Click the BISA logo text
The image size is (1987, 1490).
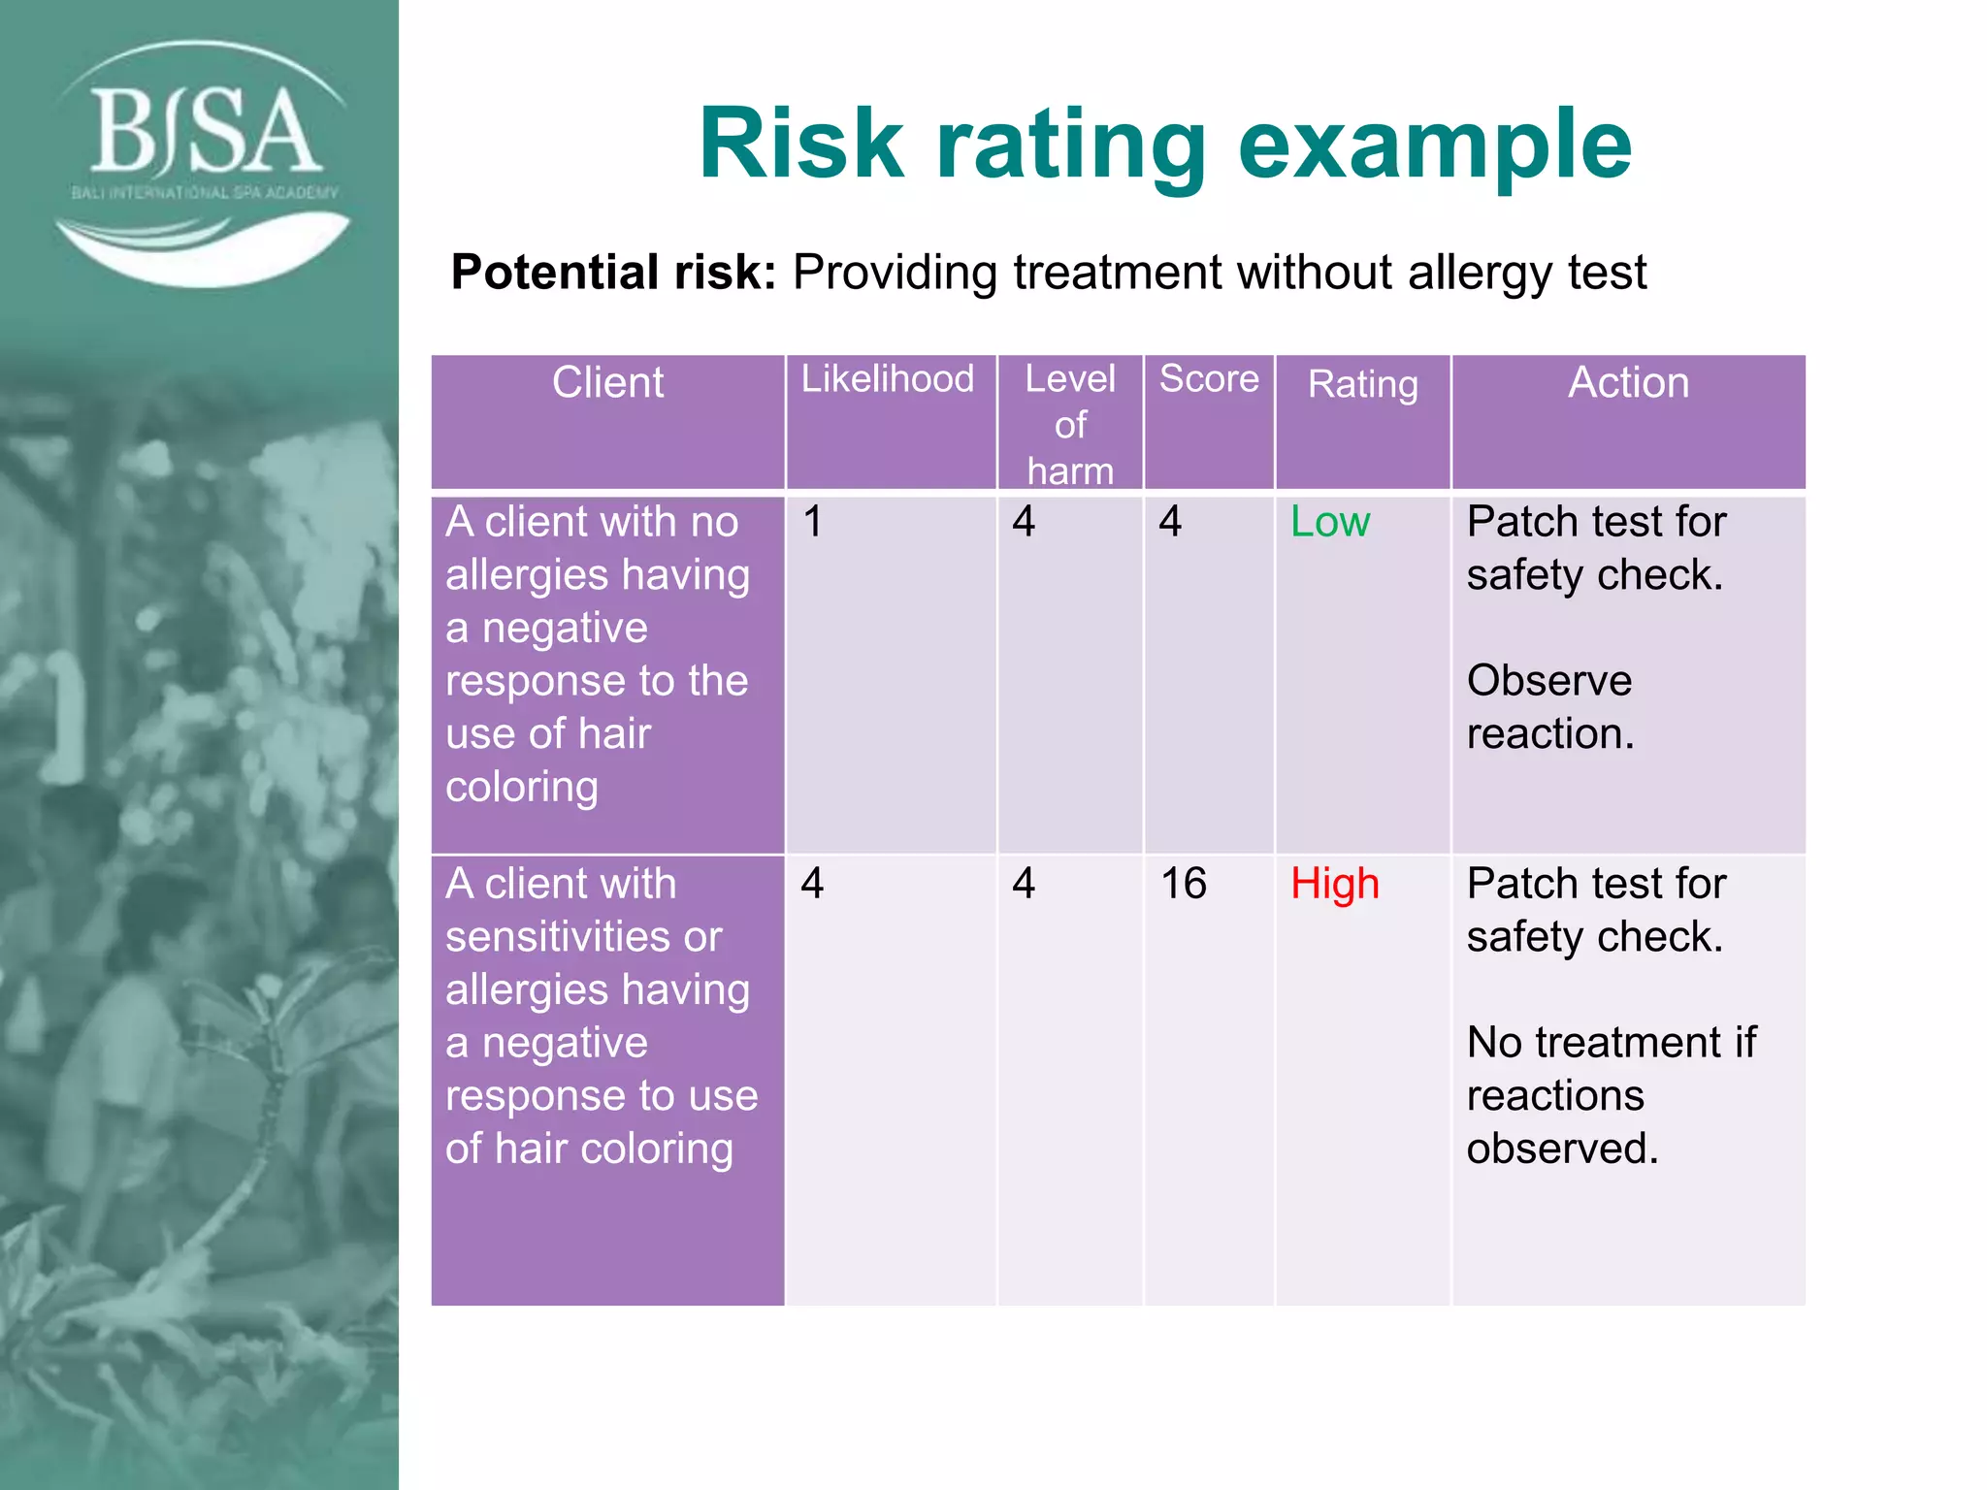[x=204, y=131]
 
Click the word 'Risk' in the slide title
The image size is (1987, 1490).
[x=800, y=146]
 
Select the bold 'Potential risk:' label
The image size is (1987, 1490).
[x=613, y=273]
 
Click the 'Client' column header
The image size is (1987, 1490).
[x=607, y=383]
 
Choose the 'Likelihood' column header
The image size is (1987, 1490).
[x=887, y=379]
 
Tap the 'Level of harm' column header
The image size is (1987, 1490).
[x=1070, y=425]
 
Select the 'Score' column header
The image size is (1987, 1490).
[x=1209, y=379]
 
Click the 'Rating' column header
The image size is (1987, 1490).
[x=1362, y=384]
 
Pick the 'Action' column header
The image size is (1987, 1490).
[x=1628, y=383]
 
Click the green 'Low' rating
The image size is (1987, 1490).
[x=1329, y=523]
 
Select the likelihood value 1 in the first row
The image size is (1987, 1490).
[x=813, y=523]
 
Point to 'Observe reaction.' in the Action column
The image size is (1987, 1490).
[x=1549, y=707]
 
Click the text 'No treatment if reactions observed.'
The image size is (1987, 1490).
[x=1611, y=1095]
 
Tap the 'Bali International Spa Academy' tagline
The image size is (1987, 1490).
[x=205, y=193]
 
